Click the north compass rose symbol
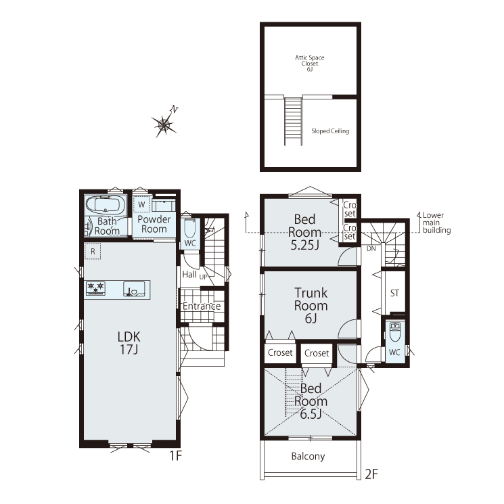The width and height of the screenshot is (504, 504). coord(164,124)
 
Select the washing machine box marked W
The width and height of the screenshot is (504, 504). coord(141,204)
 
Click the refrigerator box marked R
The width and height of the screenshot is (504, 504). coord(93,251)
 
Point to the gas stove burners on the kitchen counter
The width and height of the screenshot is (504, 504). coord(96,288)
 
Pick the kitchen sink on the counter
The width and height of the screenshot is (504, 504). coord(135,288)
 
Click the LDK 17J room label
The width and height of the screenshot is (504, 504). coord(129,342)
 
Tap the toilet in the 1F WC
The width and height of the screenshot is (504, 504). coord(190,228)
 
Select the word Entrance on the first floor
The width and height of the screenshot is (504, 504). coord(202,306)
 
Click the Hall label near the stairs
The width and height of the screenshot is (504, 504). coord(189,275)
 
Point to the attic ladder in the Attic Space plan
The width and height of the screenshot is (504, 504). coord(293,121)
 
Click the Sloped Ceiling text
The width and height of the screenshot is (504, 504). coord(330,131)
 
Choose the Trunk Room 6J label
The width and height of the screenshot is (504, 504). coord(311,305)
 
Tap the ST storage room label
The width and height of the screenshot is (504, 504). coord(394,293)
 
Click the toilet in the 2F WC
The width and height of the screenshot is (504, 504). coord(394,332)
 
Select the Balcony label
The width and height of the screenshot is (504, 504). coord(308,457)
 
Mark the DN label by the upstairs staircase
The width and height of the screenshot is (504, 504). coord(371,248)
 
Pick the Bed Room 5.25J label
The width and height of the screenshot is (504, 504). coord(304,232)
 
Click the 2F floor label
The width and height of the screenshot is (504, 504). coord(371,474)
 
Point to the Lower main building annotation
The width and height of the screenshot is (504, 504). coord(436,223)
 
